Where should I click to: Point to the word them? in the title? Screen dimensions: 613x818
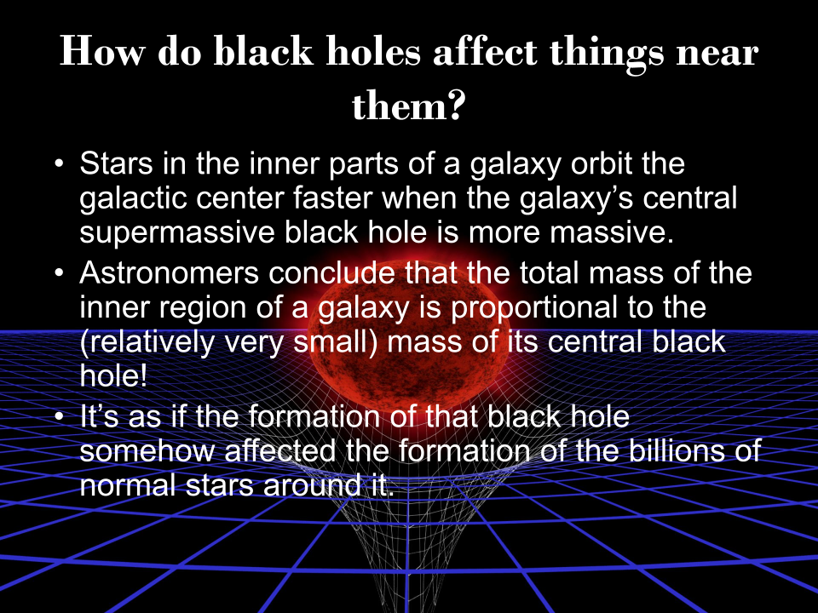(408, 106)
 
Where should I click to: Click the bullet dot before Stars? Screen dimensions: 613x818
(59, 163)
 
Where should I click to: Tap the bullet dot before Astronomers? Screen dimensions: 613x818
(59, 274)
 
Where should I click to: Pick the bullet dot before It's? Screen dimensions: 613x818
(59, 419)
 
